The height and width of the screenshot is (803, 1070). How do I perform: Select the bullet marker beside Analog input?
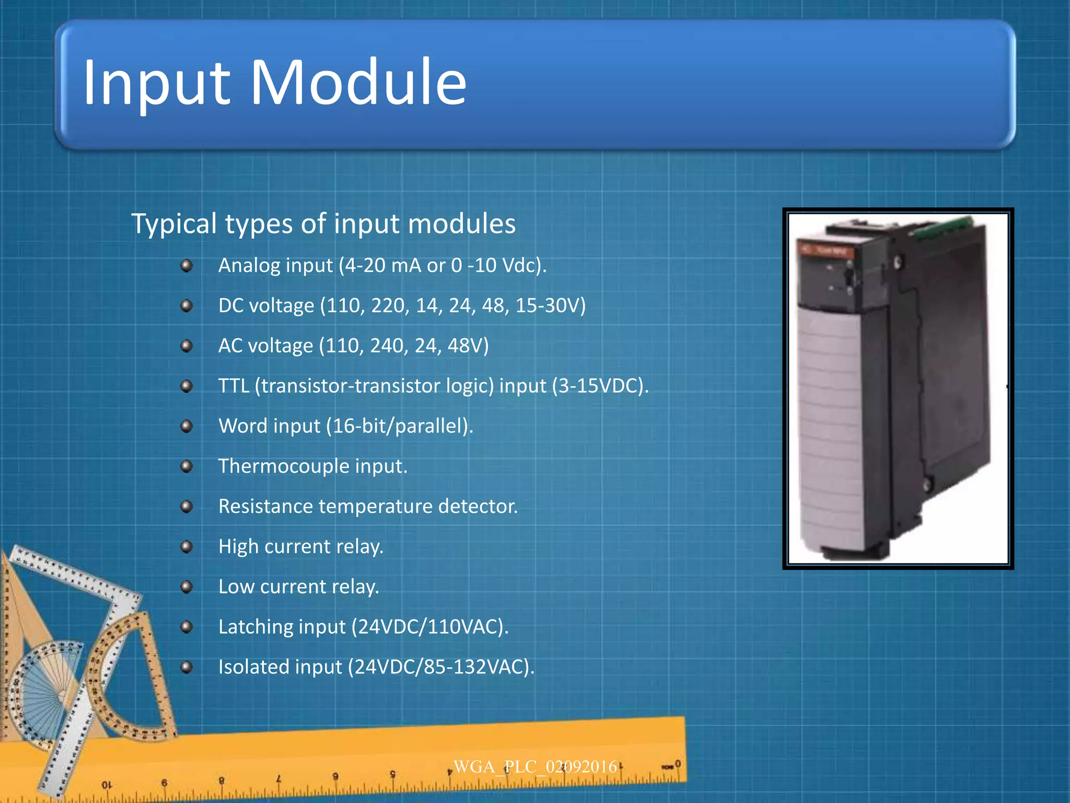[x=187, y=266]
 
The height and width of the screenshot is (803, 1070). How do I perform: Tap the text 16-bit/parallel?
[x=398, y=426]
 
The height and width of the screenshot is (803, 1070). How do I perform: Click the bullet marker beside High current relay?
[x=187, y=547]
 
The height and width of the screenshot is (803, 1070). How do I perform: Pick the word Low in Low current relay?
[x=236, y=587]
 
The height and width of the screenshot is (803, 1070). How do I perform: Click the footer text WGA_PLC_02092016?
[x=535, y=767]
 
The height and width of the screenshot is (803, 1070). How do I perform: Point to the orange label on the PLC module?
[x=826, y=252]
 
